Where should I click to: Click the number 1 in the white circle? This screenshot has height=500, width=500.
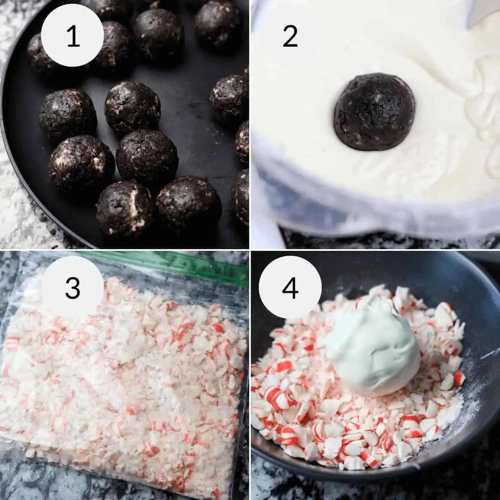(x=72, y=36)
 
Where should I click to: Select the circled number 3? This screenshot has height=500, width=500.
(x=72, y=287)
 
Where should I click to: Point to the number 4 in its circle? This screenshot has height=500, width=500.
(x=290, y=287)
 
